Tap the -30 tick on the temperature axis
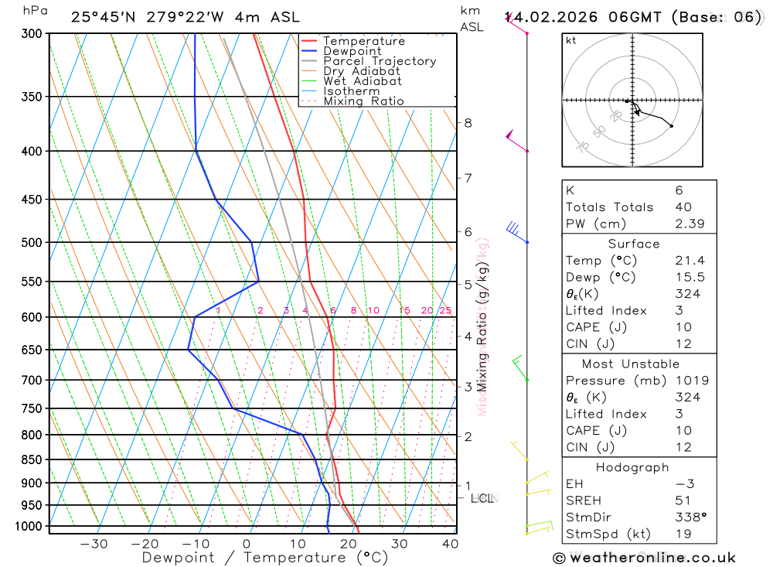click(94, 544)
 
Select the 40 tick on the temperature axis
click(450, 544)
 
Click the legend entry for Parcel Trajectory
click(380, 61)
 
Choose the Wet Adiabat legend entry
click(363, 81)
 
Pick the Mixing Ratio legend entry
click(363, 101)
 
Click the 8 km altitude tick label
click(468, 122)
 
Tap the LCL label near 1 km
click(483, 498)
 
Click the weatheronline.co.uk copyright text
click(644, 558)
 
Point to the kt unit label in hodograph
click(571, 40)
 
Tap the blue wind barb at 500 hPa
click(514, 230)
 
